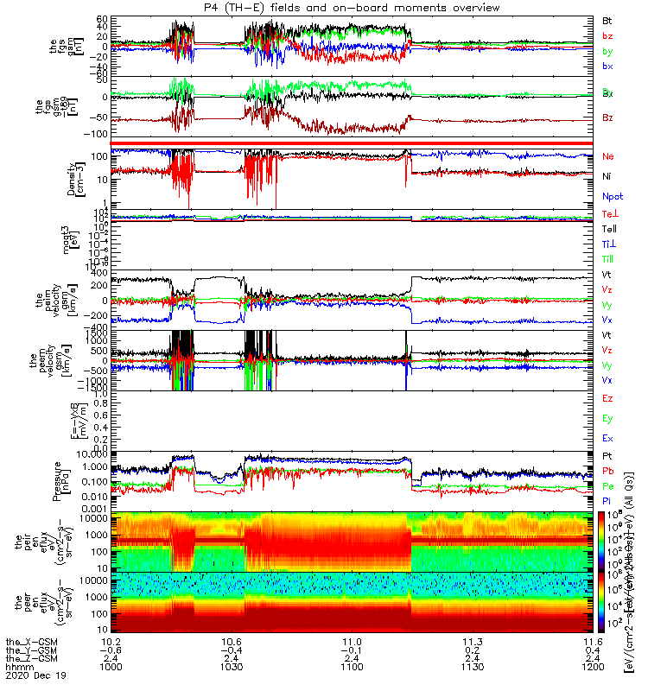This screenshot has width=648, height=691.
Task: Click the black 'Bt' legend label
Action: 607,20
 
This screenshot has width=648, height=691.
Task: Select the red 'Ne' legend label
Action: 608,156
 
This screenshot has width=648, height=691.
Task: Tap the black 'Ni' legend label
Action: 607,177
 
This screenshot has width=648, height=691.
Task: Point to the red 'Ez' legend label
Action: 607,398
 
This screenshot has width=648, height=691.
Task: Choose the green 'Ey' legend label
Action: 607,418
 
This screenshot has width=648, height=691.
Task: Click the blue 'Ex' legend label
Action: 607,439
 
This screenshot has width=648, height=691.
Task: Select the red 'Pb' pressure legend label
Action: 607,471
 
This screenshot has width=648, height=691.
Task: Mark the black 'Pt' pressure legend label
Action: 607,455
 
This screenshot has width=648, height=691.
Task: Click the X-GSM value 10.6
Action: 231,642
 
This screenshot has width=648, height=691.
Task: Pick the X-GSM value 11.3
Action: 472,642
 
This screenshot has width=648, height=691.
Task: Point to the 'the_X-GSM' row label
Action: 27,642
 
